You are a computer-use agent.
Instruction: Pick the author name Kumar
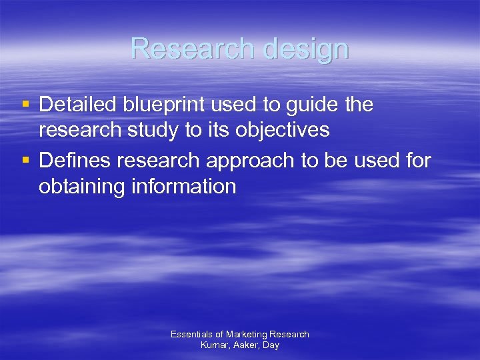pos(214,345)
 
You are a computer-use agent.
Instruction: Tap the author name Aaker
pos(246,345)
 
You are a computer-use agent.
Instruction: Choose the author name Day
pos(271,346)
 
